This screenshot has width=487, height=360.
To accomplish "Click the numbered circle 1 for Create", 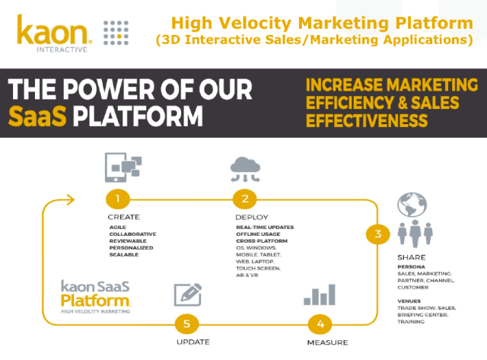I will tap(117, 199).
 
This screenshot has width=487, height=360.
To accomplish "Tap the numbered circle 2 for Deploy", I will tap(245, 199).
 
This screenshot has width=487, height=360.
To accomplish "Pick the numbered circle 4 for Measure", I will tap(320, 323).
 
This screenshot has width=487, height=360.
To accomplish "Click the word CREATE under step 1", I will tap(123, 217).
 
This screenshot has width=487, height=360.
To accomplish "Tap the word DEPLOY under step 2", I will tap(252, 217).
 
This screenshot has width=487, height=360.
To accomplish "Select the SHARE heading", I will tap(411, 257).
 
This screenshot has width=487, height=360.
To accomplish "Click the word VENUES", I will tap(411, 301).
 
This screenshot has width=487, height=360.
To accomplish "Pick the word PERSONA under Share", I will tap(412, 266).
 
